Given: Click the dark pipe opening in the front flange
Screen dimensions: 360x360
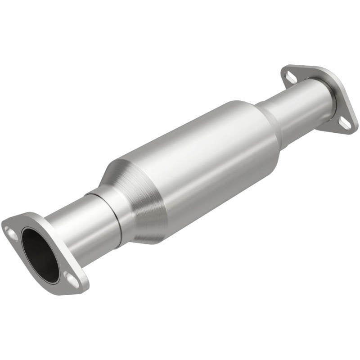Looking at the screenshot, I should coord(40,255).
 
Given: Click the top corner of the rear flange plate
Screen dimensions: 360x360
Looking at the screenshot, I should coord(288,67).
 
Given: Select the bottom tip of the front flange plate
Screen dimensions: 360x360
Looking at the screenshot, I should coord(81,290).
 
